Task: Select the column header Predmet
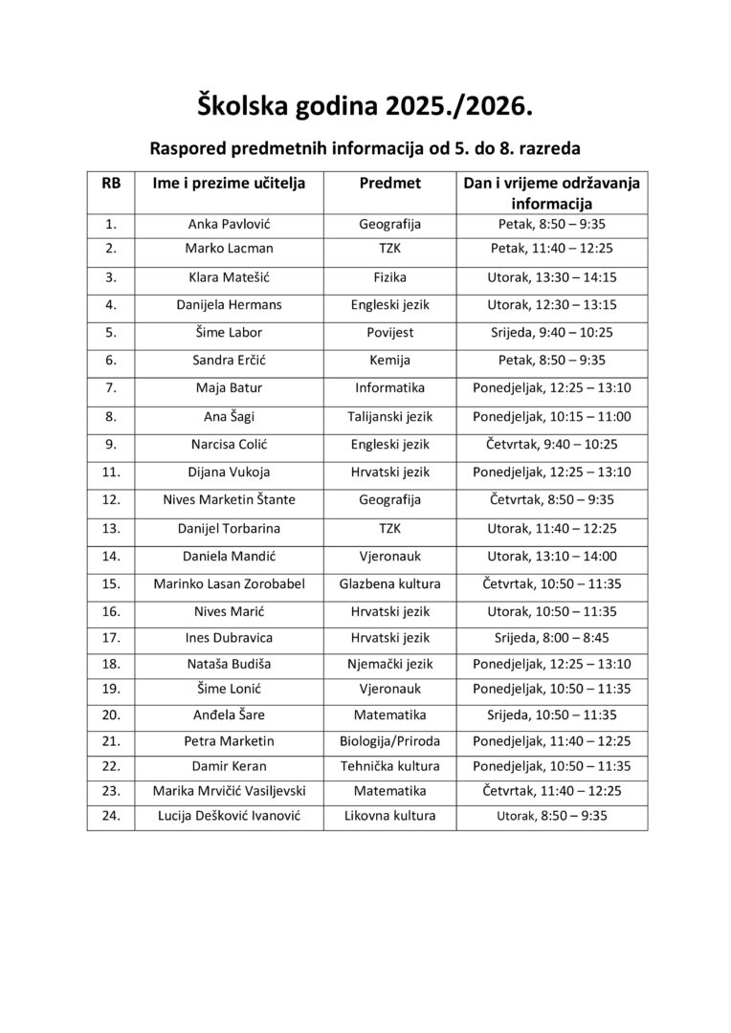point(389,183)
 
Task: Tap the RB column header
point(111,183)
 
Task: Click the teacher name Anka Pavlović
point(229,225)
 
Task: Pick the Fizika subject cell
point(389,277)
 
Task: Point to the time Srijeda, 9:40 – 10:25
point(550,333)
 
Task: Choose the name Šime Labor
point(229,333)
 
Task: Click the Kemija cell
point(389,361)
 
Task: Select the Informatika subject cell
point(389,388)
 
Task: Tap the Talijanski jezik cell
point(389,416)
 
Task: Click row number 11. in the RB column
point(111,472)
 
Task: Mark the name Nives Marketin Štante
point(229,499)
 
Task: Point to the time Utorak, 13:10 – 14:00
point(550,555)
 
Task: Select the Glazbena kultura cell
point(389,582)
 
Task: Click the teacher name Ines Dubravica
point(229,637)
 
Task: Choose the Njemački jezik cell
point(389,664)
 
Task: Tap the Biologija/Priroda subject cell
point(389,740)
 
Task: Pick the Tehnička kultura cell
point(389,766)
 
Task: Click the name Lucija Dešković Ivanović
point(229,816)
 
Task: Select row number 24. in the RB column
point(111,816)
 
